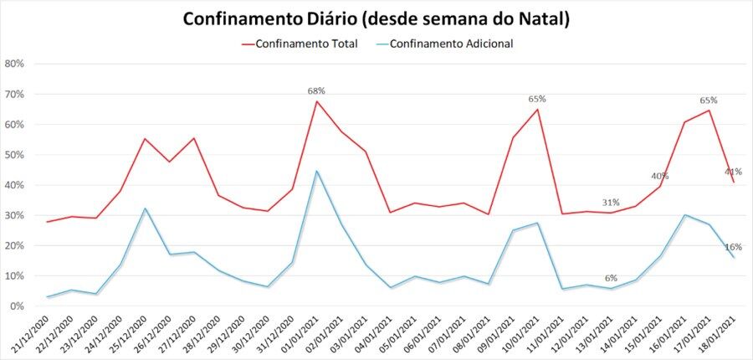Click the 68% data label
[x=316, y=90]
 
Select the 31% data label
[x=611, y=203]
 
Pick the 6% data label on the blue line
[x=611, y=279]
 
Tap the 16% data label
[x=734, y=247]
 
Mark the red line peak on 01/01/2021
[x=316, y=101]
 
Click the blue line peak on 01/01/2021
[x=316, y=171]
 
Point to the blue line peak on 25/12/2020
[x=145, y=208]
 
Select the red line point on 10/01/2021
[x=537, y=110]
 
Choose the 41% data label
[x=734, y=172]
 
